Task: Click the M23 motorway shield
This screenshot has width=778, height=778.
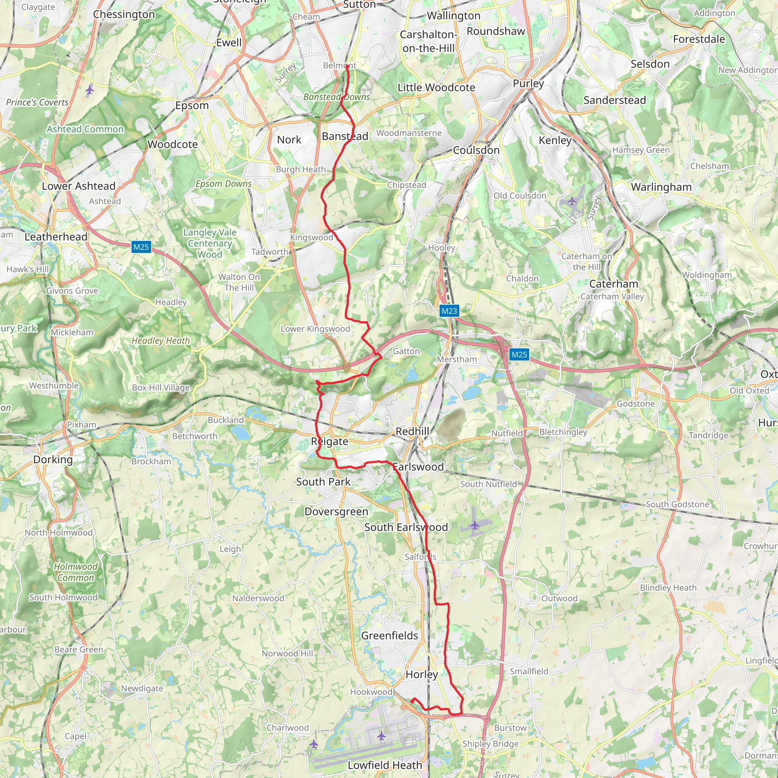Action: click(x=449, y=311)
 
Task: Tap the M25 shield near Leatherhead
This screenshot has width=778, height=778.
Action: click(x=141, y=247)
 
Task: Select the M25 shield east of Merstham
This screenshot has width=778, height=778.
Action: click(x=519, y=354)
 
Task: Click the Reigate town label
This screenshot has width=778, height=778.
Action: click(x=329, y=441)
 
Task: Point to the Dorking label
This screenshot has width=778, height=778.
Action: click(x=53, y=460)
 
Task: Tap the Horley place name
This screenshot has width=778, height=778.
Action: click(x=421, y=674)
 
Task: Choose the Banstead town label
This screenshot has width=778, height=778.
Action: click(x=345, y=136)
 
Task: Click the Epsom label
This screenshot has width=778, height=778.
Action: click(x=192, y=106)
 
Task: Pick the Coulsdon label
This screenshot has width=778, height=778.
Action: click(x=476, y=150)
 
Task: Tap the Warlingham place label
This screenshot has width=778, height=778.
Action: click(x=661, y=187)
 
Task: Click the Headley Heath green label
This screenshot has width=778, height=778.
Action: click(x=160, y=341)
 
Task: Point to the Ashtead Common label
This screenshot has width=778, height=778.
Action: click(x=85, y=129)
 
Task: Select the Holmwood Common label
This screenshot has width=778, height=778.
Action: click(x=76, y=572)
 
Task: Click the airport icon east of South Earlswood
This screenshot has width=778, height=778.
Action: click(x=475, y=525)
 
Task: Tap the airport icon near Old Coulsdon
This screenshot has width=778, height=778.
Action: click(x=572, y=201)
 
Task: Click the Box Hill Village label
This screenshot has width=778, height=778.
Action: click(x=161, y=387)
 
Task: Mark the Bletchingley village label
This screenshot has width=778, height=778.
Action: click(x=563, y=432)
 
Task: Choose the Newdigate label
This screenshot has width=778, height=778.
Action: click(x=142, y=688)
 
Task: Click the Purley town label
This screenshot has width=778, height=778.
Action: click(x=528, y=83)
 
